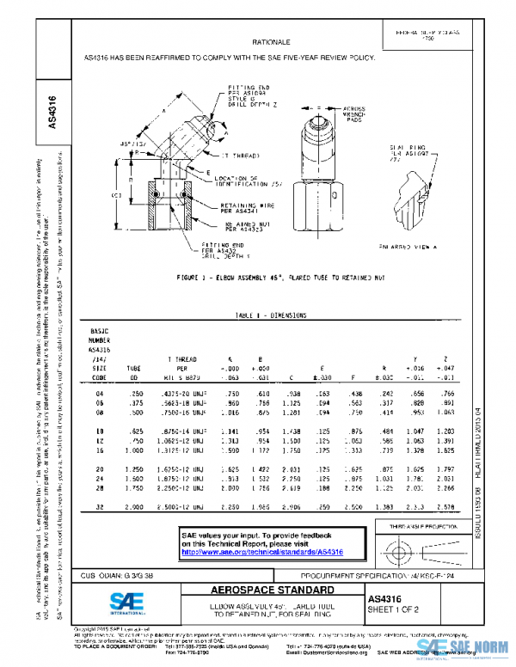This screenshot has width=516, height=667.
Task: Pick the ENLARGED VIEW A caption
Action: [406, 247]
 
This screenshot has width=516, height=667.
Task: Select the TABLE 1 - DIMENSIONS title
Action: [270, 315]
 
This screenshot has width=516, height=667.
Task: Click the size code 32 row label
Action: [99, 507]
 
